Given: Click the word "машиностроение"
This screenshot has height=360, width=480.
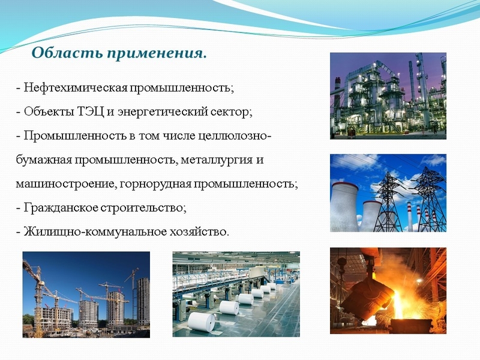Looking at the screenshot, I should click(59, 184).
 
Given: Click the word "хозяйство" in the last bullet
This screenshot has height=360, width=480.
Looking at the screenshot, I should click(200, 231).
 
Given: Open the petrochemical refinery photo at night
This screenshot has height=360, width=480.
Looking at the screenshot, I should click(388, 95).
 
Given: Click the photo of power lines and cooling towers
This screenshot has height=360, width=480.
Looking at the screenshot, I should click(388, 193).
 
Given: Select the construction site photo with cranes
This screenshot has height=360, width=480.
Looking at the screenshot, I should click(86, 294).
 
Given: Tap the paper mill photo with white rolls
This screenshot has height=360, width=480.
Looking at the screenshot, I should click(236, 294).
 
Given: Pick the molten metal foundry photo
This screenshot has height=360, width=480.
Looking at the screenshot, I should click(388, 291).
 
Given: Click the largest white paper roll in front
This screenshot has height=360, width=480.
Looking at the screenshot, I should click(201, 322).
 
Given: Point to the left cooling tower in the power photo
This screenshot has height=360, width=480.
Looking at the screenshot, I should click(344, 207).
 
